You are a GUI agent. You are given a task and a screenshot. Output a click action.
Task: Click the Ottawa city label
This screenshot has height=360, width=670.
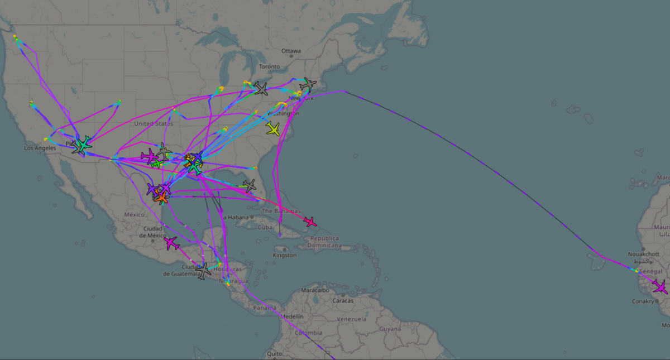pyautogui.click(x=291, y=51)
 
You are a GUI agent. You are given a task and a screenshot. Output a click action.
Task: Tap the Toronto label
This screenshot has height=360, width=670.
pyautogui.click(x=269, y=66)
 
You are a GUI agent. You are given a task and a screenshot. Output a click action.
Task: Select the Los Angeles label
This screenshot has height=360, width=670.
pyautogui.click(x=40, y=148)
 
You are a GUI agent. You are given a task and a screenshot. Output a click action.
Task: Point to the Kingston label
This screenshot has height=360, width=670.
pyautogui.click(x=284, y=255)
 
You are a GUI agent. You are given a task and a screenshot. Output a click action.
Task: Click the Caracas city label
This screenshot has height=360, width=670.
pyautogui.click(x=342, y=301)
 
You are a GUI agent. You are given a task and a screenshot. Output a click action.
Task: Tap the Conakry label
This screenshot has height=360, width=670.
pyautogui.click(x=643, y=301)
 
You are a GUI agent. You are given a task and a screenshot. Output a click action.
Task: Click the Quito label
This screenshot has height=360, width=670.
pyautogui.click(x=274, y=353)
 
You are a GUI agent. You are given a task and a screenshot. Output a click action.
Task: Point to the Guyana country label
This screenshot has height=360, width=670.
pyautogui.click(x=390, y=329)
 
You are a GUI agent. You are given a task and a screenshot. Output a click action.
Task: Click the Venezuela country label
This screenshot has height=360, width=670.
pyautogui.click(x=352, y=319)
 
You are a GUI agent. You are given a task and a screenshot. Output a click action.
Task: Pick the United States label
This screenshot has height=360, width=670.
pyautogui.click(x=154, y=123)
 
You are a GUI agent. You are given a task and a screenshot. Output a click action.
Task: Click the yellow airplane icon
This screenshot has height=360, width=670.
pyautogui.click(x=273, y=129)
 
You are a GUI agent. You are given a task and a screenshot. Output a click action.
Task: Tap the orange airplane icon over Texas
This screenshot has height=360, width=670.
pyautogui.click(x=161, y=198)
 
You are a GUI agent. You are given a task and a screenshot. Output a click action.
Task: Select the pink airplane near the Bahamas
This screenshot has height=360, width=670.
pyautogui.click(x=310, y=222)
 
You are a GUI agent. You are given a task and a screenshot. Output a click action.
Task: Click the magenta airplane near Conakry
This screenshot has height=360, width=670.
pyautogui.click(x=660, y=287)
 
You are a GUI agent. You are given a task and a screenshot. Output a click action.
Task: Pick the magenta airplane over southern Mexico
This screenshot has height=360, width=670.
pyautogui.click(x=171, y=243)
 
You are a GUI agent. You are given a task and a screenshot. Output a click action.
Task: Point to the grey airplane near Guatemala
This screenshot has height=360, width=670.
pyautogui.click(x=203, y=271)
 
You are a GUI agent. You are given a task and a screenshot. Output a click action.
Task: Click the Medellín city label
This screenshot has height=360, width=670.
pyautogui.click(x=291, y=316)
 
